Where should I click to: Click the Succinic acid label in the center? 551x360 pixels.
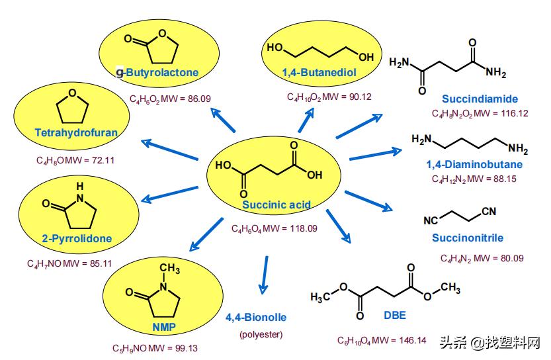276,204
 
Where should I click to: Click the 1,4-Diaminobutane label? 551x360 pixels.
474,164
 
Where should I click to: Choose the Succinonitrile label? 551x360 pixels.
468,238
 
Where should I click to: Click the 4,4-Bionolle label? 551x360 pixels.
255,317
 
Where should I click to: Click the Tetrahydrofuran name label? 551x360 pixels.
76,132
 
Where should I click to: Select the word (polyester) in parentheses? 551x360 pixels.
261,334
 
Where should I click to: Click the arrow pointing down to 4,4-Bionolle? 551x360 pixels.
265,273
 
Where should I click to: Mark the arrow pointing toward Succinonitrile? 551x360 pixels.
368,201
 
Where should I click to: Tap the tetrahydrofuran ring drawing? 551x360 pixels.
73,107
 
